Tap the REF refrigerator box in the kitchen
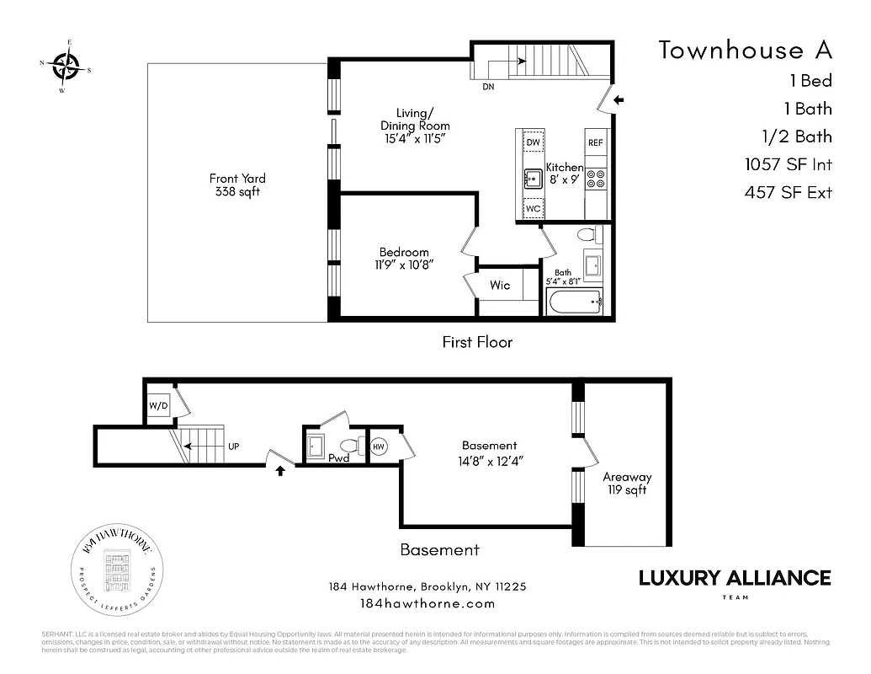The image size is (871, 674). (596, 143)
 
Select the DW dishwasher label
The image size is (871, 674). (533, 142)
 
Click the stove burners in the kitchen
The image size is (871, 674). (596, 178)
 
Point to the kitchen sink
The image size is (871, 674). (533, 178)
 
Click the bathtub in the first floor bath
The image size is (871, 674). (574, 301)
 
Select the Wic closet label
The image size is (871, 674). (500, 286)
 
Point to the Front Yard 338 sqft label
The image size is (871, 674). (237, 185)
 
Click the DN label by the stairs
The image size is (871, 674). (488, 87)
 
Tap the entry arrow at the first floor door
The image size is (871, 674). (619, 100)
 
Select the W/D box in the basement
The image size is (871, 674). (159, 404)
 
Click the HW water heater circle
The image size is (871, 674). (379, 447)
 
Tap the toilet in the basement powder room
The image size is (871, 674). (349, 445)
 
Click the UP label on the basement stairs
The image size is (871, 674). (233, 447)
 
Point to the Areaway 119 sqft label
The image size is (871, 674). (627, 483)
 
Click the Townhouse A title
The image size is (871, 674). (745, 50)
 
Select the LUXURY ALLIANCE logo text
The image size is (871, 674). (735, 578)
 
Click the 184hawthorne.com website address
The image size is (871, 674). (427, 603)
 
